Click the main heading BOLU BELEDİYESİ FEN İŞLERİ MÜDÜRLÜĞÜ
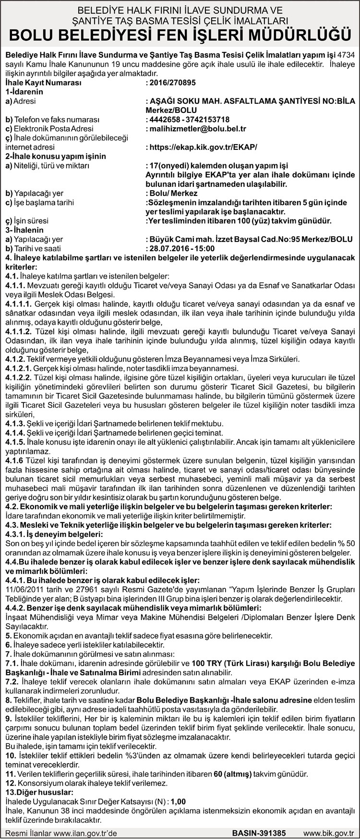pos(180,35)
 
